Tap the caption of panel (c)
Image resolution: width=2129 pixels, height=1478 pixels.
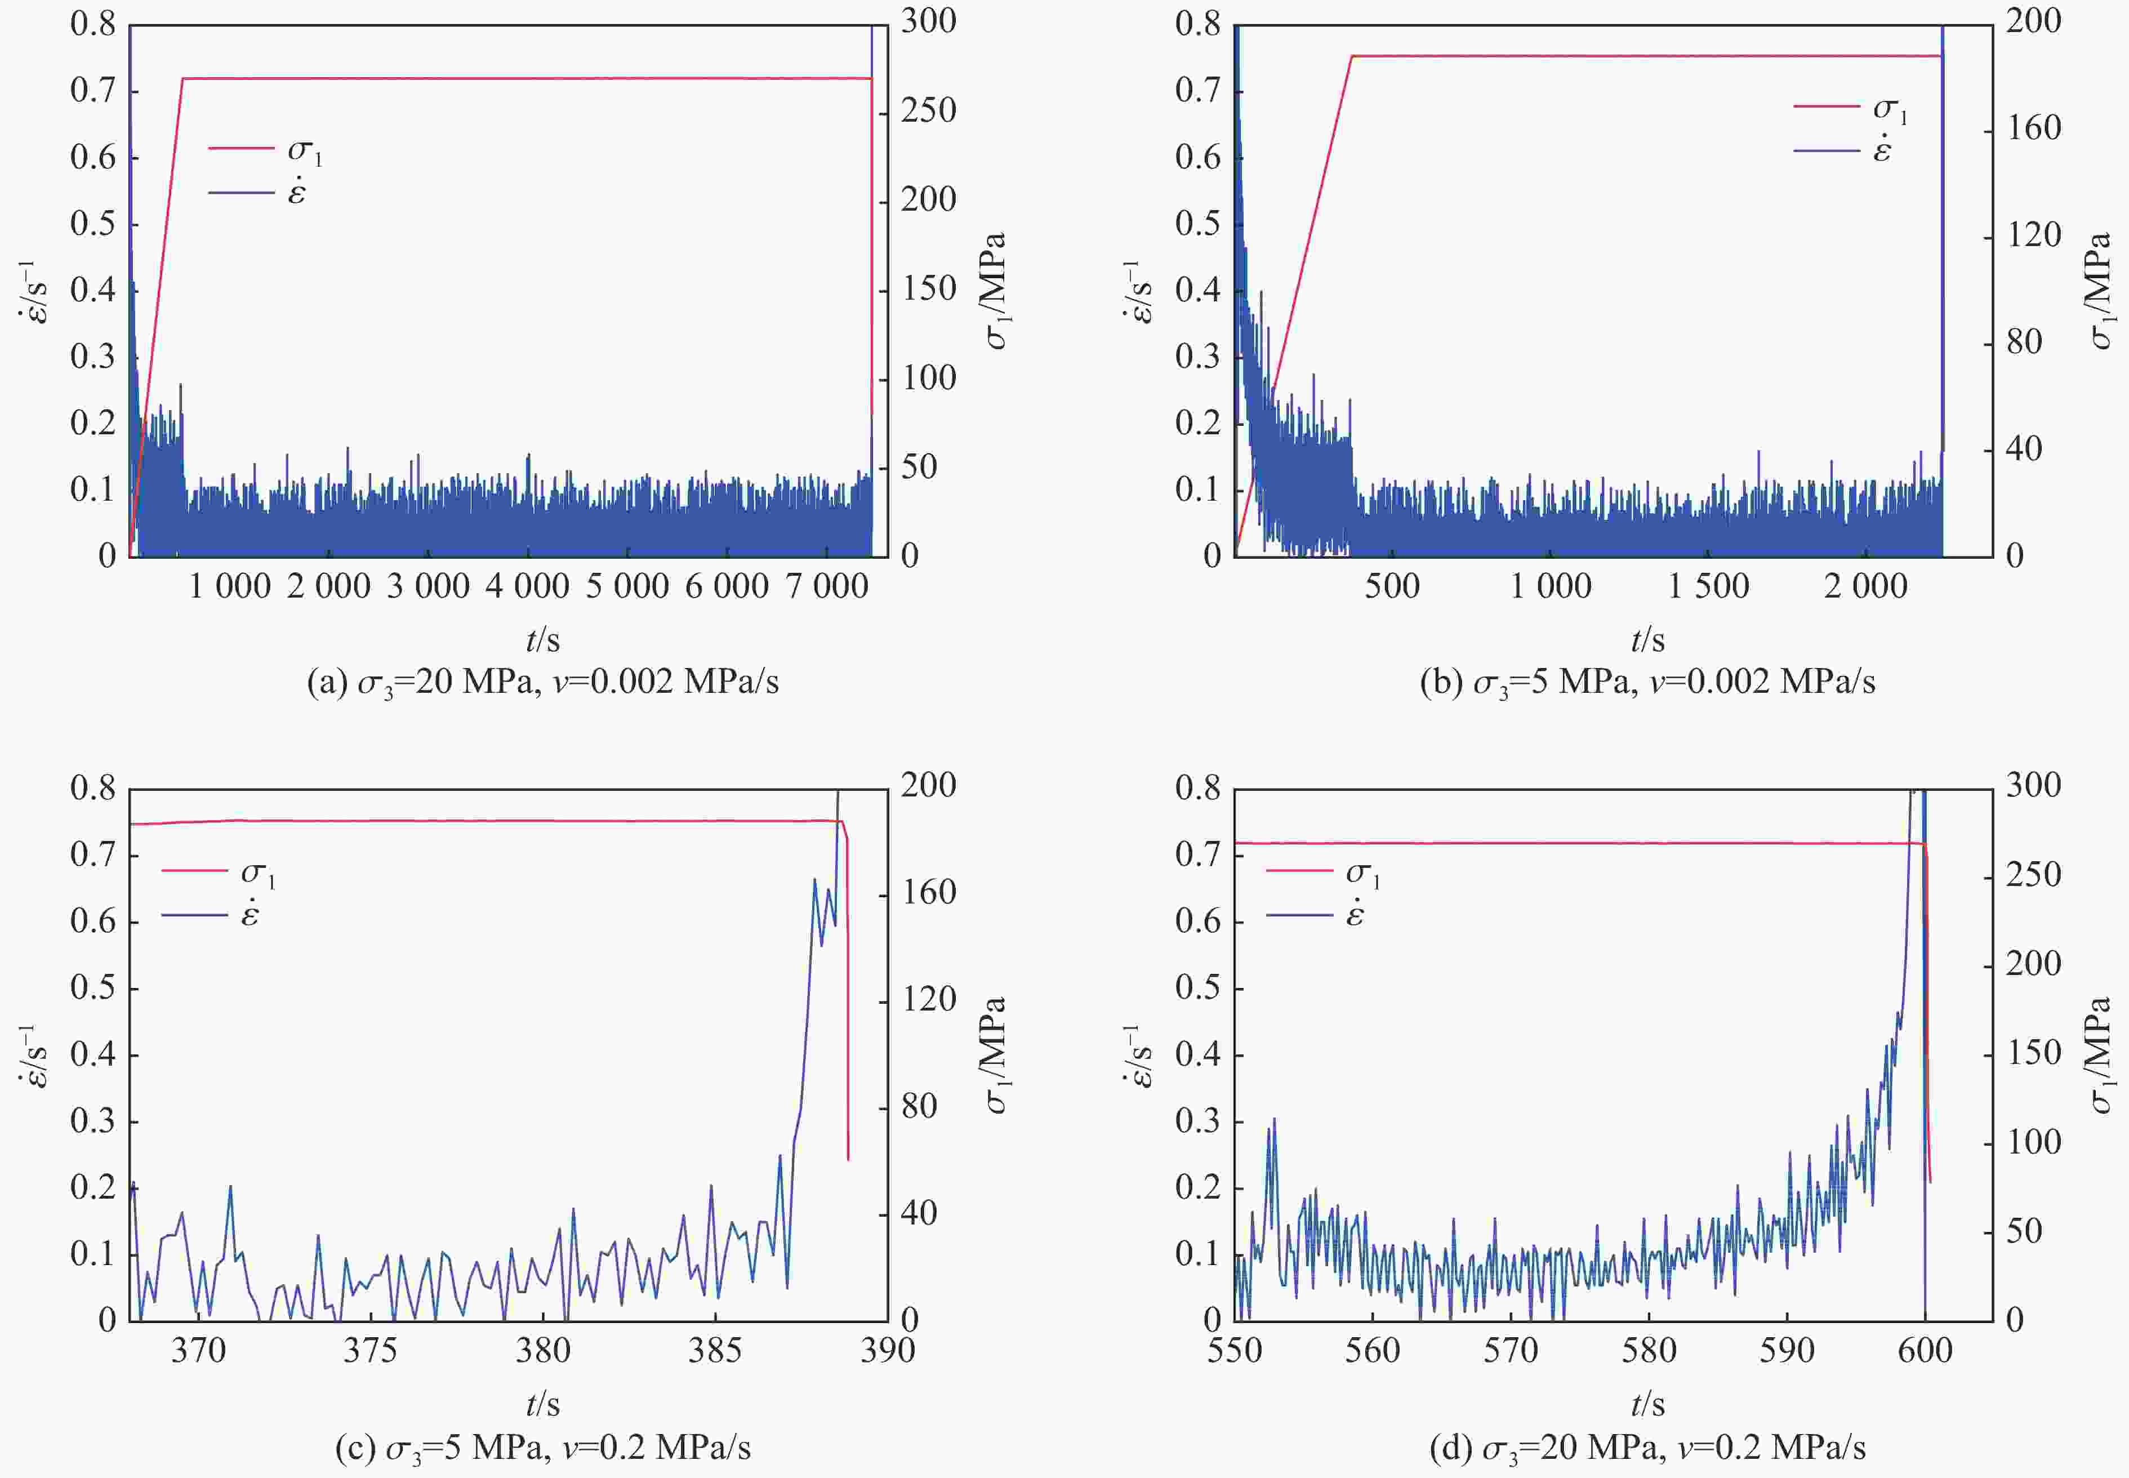[x=542, y=1446]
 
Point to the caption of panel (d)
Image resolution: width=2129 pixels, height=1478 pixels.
[x=1647, y=1446]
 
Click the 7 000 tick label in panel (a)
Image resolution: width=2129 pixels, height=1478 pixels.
[x=827, y=586]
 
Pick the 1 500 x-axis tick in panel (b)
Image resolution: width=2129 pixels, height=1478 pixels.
[x=1709, y=586]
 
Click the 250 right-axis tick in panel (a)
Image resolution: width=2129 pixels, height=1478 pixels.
[x=929, y=111]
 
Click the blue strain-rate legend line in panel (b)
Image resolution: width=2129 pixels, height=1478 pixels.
[x=1826, y=150]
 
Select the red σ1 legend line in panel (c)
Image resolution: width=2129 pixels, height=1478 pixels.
[x=194, y=870]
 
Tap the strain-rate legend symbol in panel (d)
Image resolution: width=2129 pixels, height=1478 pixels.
[x=1355, y=915]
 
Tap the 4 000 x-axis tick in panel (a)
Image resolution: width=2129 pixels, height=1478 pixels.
[x=528, y=586]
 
